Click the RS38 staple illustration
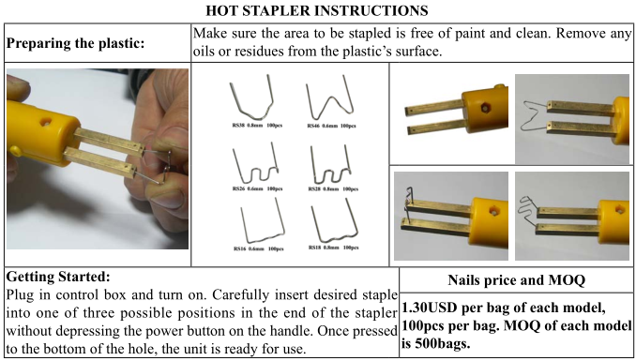(250, 100)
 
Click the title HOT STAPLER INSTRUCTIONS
(319, 10)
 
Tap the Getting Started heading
(57, 278)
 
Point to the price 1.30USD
(436, 308)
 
